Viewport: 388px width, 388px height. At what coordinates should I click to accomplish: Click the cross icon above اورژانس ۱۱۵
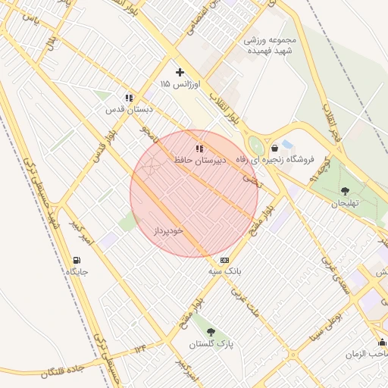[180, 73]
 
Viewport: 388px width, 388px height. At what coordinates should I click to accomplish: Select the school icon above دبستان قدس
[129, 98]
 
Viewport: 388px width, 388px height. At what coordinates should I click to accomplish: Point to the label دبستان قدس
[129, 109]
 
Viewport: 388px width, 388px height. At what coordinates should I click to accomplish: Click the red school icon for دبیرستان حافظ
[199, 149]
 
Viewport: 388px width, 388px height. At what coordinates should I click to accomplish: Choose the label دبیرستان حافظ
[199, 161]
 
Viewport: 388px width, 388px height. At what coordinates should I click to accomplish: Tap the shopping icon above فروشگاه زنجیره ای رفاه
[274, 148]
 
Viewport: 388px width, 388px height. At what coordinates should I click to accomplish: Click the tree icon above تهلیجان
[346, 192]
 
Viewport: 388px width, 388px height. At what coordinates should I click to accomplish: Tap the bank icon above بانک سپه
[224, 260]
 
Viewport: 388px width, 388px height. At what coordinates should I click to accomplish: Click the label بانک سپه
[224, 271]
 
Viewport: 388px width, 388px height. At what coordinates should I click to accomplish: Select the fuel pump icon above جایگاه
[77, 260]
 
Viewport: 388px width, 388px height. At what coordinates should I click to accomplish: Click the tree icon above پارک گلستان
[211, 332]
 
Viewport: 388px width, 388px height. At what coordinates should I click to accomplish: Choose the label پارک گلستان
[211, 344]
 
